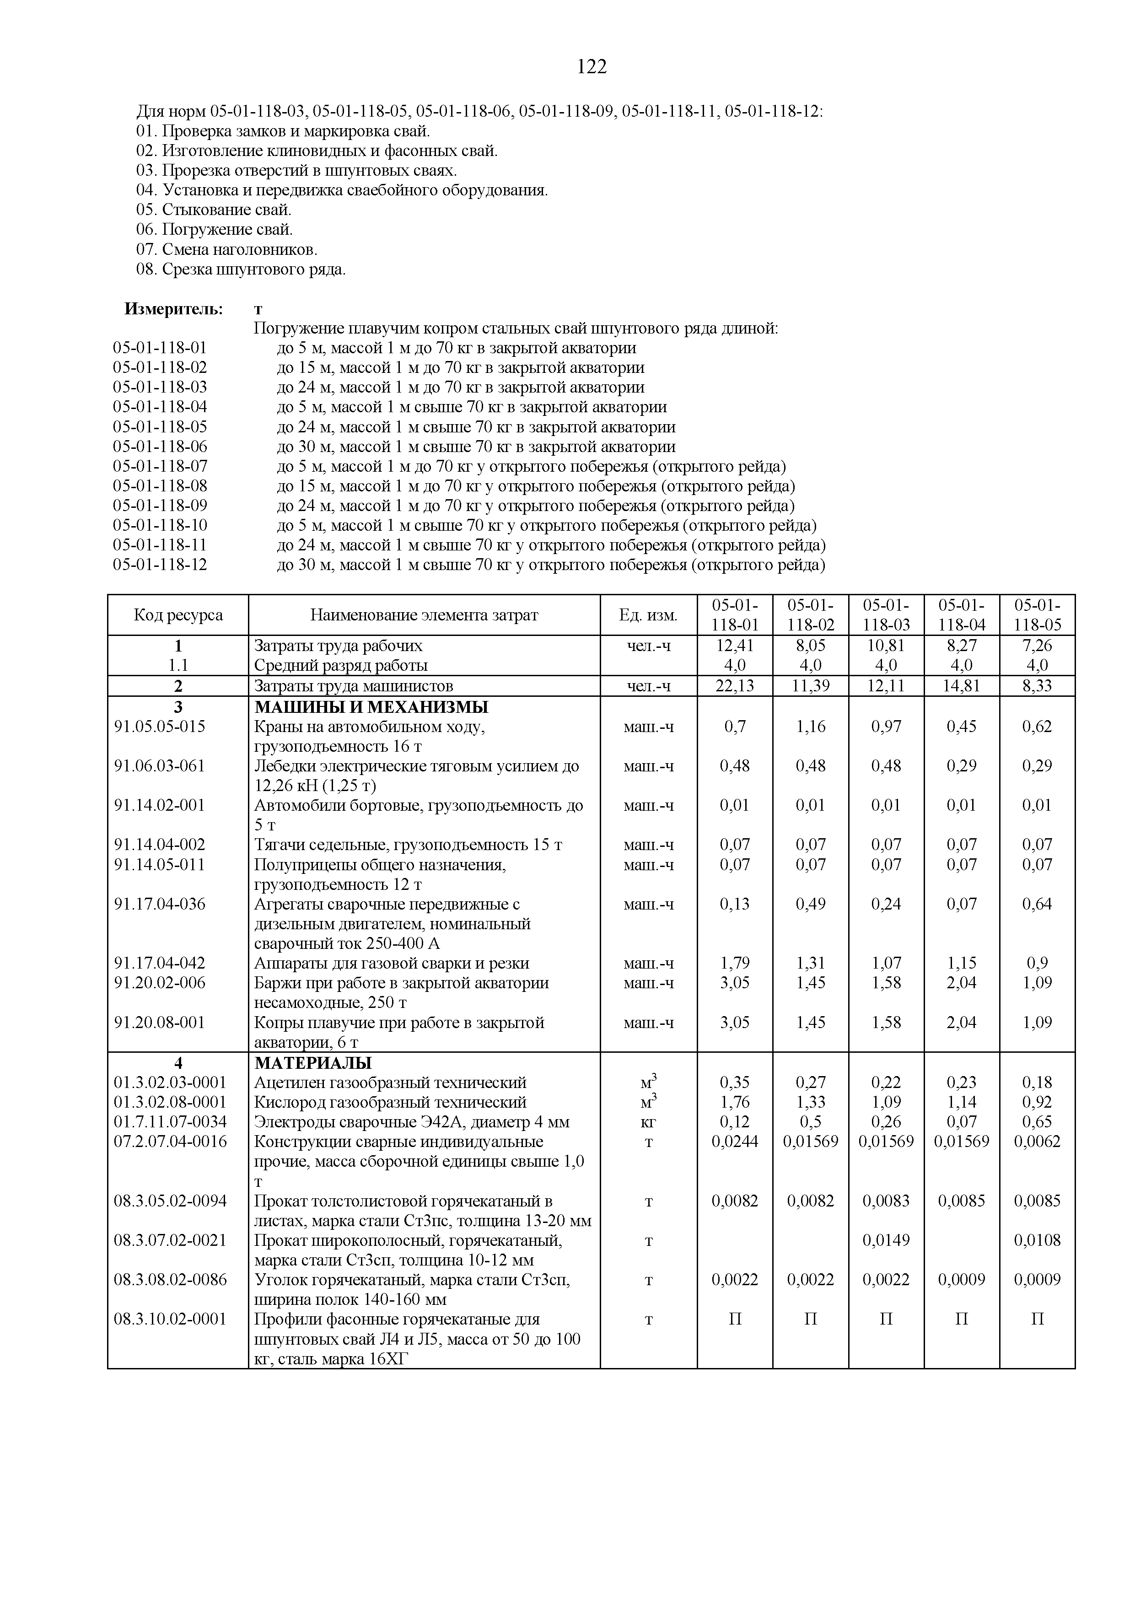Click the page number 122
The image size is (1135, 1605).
[592, 67]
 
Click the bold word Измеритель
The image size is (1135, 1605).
[174, 308]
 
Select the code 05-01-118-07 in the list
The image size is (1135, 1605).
[160, 466]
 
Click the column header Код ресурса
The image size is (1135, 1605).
[178, 615]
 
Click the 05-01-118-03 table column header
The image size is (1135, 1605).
[886, 615]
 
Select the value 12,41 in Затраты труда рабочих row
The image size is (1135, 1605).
[735, 645]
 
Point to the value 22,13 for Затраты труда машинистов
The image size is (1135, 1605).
[735, 686]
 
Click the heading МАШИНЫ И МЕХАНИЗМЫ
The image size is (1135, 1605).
[371, 707]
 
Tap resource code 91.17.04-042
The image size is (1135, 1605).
[160, 963]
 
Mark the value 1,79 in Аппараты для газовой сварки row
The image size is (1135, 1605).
[735, 963]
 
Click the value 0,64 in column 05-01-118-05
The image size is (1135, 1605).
[1037, 904]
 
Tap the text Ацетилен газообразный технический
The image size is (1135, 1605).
[390, 1083]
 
